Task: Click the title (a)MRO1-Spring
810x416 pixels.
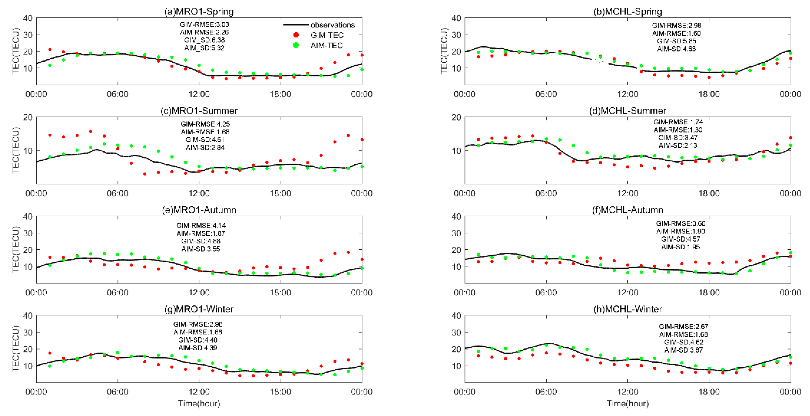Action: (199, 12)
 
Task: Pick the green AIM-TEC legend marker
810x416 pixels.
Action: (296, 45)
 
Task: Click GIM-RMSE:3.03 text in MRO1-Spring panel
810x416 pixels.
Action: (204, 24)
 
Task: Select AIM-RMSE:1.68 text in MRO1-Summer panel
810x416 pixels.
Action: (205, 132)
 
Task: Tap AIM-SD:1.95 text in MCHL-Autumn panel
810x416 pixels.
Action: (680, 247)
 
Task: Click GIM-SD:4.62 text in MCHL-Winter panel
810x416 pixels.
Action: (683, 342)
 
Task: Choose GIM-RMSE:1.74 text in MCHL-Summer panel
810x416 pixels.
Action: (678, 122)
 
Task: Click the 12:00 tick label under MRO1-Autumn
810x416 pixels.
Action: (199, 292)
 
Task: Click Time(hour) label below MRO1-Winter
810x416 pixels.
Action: (199, 403)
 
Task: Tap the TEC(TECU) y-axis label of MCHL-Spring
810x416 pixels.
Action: (444, 51)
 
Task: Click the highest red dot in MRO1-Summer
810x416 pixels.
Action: (91, 131)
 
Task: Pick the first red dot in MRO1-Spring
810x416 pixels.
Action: (50, 49)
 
